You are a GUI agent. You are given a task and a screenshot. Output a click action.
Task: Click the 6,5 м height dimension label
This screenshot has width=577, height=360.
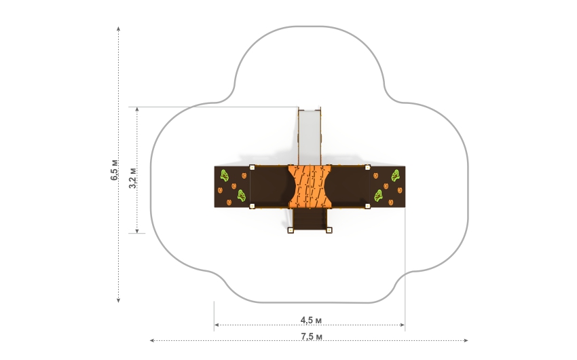coord(115,170)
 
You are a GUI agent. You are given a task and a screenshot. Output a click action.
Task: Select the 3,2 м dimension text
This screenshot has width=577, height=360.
coord(133,178)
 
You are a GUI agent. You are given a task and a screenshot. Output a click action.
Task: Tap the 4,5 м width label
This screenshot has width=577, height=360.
coord(311,320)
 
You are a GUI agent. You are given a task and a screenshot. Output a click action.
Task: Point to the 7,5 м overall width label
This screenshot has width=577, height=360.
coord(312,336)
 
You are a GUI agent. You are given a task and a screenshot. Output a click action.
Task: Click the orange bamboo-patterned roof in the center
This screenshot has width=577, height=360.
coord(310,187)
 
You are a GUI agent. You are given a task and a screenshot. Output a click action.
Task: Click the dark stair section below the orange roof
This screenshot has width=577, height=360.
coord(310,219)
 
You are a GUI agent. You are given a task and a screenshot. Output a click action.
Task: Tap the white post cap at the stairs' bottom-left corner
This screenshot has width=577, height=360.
coord(291,230)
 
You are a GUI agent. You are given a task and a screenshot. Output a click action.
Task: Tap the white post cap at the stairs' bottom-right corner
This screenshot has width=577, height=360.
coord(329,230)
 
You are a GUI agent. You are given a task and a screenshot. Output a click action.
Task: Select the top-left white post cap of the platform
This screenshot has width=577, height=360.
coord(252,168)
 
